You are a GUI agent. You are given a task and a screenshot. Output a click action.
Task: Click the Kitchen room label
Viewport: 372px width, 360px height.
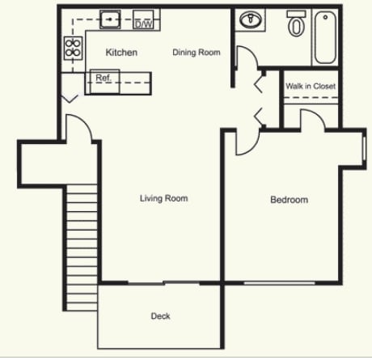[x=121, y=53]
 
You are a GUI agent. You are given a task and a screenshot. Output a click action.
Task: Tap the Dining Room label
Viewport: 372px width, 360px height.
[x=197, y=53]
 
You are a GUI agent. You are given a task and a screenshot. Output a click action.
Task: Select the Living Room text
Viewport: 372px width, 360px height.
[x=163, y=198]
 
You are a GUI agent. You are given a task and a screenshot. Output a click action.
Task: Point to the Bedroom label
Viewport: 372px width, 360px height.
[x=289, y=200]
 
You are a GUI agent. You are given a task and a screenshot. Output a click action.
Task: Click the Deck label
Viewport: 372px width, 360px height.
[x=160, y=316]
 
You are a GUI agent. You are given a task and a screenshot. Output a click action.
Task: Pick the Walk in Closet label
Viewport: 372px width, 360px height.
[x=311, y=86]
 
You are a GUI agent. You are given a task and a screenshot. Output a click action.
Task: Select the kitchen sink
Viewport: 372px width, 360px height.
[x=112, y=18]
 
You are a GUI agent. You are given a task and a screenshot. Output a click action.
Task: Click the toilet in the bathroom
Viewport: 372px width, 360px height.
[x=296, y=24]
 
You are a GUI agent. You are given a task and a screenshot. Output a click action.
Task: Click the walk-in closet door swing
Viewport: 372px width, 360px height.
[x=311, y=120]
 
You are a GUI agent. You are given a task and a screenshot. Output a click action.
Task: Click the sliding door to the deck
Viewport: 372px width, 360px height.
[x=162, y=283]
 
